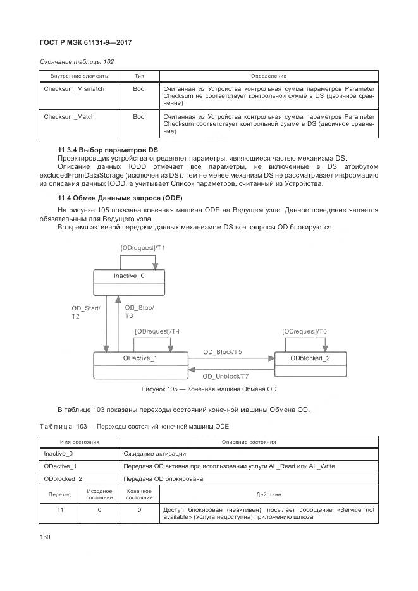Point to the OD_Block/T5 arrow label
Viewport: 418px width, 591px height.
[222, 351]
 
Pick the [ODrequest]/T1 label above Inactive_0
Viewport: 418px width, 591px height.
[142, 248]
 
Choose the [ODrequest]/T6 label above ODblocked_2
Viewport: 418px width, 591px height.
[304, 331]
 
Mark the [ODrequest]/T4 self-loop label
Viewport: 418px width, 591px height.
[157, 331]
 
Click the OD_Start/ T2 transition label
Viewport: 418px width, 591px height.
[82, 312]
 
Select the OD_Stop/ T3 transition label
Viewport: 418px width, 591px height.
[138, 311]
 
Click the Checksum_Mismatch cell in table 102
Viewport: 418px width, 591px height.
[73, 90]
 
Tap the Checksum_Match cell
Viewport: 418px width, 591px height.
[69, 117]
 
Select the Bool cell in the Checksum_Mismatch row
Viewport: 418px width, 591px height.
[139, 90]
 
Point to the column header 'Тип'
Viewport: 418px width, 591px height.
[139, 76]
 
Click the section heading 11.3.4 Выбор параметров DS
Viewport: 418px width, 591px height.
[108, 149]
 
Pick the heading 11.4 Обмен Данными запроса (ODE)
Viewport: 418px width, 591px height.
[120, 198]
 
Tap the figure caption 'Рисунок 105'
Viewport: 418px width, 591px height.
[209, 389]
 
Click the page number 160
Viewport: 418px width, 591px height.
[45, 537]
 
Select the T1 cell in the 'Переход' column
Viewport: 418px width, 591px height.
[59, 509]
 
